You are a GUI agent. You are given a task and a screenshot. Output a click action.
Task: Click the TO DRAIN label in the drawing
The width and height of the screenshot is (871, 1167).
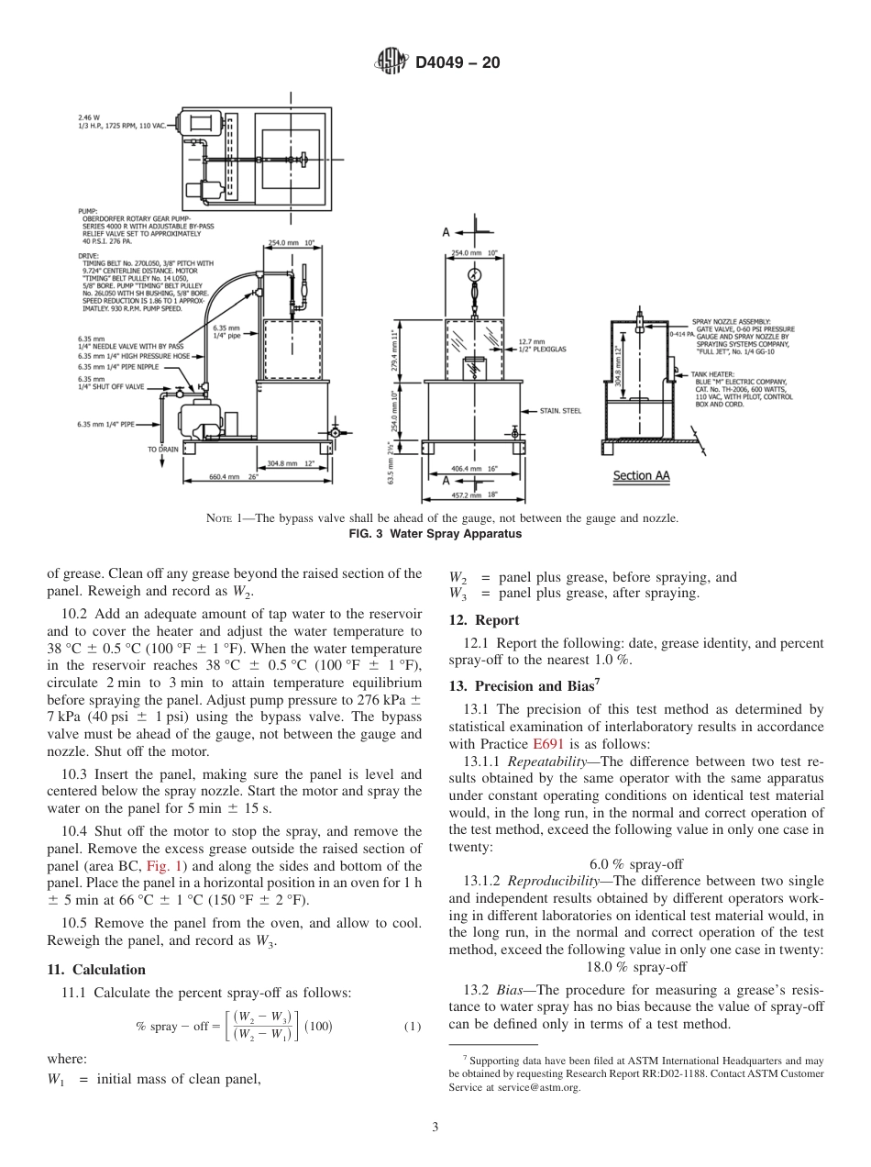[x=163, y=450]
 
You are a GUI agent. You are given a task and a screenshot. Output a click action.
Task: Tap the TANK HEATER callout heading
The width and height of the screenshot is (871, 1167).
[x=711, y=375]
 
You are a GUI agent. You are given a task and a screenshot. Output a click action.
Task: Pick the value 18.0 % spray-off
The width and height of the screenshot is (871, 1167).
[x=635, y=966]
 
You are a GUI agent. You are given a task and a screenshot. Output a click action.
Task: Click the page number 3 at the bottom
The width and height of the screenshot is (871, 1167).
[x=435, y=1128]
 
